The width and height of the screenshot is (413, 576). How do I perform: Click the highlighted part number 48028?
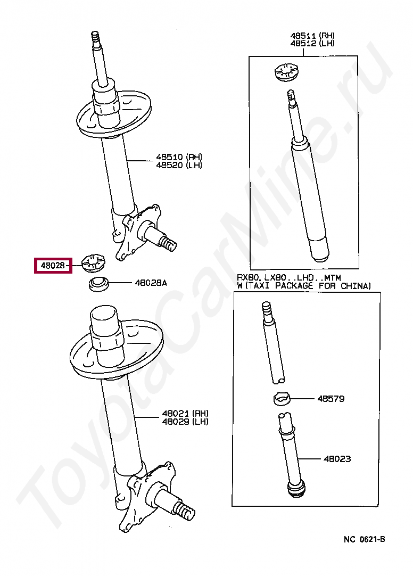[53, 265]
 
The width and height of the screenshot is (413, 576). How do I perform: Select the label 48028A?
[151, 283]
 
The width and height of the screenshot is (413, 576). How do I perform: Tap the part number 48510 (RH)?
[179, 157]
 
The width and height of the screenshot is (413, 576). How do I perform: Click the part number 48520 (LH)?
[179, 166]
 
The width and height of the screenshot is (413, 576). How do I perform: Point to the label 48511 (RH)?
[312, 36]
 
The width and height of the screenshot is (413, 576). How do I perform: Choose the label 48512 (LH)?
[312, 43]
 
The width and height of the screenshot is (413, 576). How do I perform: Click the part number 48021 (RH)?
[185, 414]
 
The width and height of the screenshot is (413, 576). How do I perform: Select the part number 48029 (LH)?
[185, 422]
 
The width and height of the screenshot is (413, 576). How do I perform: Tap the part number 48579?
[331, 399]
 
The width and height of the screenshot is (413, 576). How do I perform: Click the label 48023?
[337, 458]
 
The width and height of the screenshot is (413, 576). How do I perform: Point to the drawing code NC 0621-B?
[364, 539]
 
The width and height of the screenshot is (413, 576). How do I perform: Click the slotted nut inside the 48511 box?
[287, 72]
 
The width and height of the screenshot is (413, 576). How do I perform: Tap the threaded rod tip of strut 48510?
[95, 37]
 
